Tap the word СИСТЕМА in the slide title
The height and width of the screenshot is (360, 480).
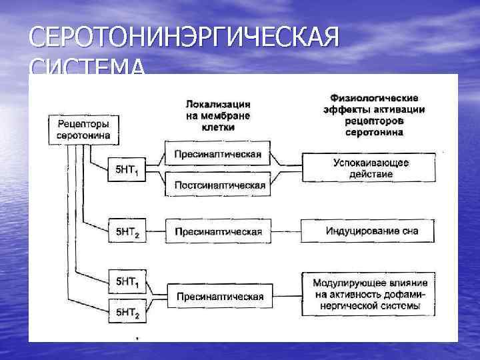point(87,67)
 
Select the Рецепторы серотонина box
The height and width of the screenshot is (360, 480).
point(83,129)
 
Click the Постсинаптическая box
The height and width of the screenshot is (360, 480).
point(218,185)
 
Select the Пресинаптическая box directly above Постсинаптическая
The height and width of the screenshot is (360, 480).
point(218,155)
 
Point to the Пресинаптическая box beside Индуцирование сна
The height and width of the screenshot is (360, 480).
point(218,232)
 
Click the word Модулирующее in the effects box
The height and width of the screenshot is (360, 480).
point(343,283)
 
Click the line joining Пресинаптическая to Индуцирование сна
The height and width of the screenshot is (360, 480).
point(287,232)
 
